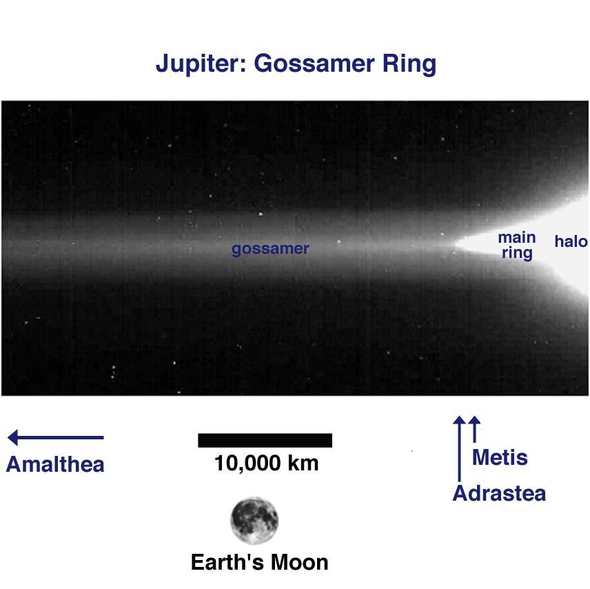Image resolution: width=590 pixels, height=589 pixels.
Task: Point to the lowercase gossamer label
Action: [270, 249]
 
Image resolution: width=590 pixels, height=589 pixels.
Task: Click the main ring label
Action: [517, 246]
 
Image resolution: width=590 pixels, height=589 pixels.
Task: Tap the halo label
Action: [571, 241]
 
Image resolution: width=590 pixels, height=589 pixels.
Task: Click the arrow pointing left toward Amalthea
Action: [55, 437]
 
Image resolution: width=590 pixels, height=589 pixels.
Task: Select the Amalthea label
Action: [55, 464]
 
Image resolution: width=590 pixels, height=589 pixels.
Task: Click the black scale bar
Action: [265, 440]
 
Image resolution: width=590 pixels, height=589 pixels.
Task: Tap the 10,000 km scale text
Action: [266, 463]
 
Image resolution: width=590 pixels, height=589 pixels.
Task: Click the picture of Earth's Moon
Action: [254, 520]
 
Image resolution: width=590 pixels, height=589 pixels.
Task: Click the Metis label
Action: [500, 457]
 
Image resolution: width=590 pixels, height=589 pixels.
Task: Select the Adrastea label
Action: [499, 494]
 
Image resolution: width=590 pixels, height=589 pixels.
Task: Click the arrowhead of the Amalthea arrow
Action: [13, 437]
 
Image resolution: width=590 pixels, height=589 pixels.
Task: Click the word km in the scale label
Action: [304, 463]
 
